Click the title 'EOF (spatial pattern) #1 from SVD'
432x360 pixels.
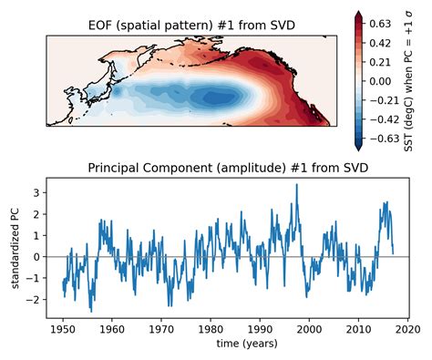191,25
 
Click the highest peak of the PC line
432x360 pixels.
296,184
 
